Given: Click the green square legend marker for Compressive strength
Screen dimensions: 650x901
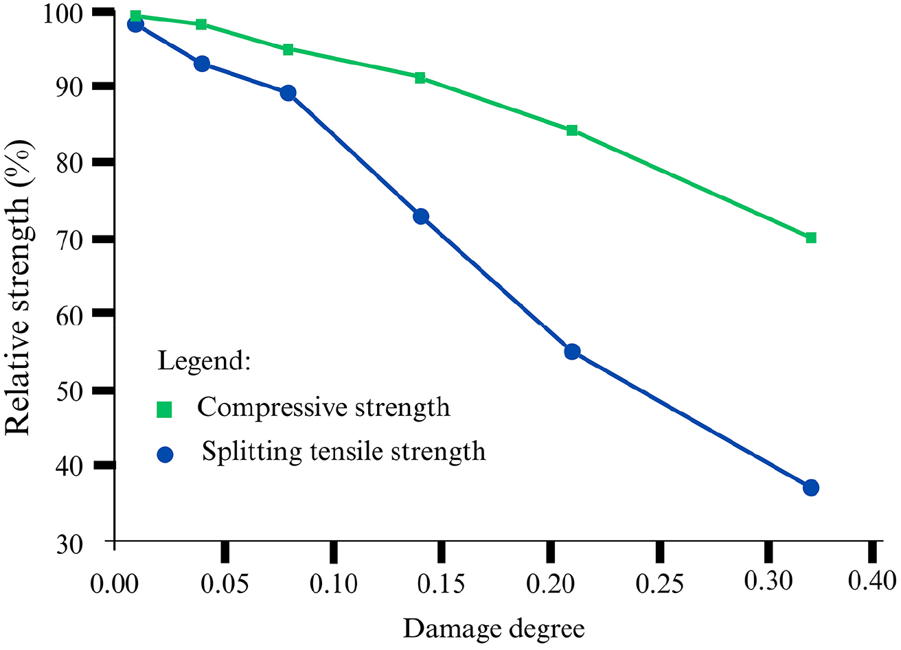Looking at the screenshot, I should pyautogui.click(x=165, y=410).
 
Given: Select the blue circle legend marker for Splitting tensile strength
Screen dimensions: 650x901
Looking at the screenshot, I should pyautogui.click(x=165, y=454).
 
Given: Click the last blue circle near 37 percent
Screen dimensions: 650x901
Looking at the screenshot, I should pyautogui.click(x=811, y=487).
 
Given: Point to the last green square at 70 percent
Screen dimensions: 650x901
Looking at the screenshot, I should pyautogui.click(x=811, y=237).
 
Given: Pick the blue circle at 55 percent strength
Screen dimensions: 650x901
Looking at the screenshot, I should pyautogui.click(x=572, y=351).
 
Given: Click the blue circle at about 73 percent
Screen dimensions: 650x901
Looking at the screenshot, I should pyautogui.click(x=421, y=216).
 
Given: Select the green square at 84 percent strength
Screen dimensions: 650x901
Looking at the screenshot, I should pyautogui.click(x=572, y=130).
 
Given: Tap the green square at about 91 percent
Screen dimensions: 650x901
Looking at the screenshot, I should pyautogui.click(x=420, y=78).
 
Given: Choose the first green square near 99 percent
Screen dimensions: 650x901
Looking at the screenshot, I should pyautogui.click(x=135, y=16).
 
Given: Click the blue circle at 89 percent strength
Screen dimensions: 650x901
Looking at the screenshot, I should pyautogui.click(x=288, y=93).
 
